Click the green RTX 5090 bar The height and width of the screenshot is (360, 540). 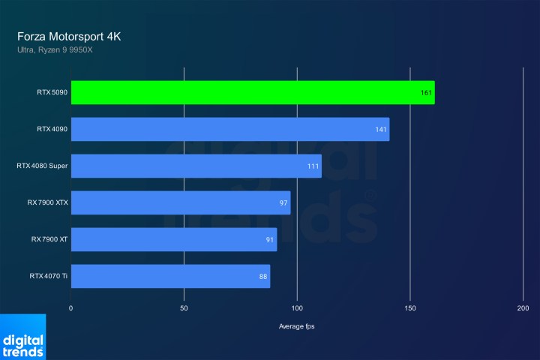(x=253, y=92)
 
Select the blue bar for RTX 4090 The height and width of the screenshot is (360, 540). (x=230, y=129)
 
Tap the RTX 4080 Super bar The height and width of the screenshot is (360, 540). (x=196, y=166)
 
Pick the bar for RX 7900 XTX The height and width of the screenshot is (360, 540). (x=180, y=202)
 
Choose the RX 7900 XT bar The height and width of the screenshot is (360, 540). (x=173, y=239)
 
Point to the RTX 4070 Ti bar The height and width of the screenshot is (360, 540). (x=170, y=276)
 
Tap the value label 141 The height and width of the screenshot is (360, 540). (x=382, y=129)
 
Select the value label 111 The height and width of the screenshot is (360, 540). (x=313, y=166)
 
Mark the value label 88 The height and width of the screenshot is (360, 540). (x=263, y=276)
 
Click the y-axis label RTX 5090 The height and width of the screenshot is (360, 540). (x=52, y=92)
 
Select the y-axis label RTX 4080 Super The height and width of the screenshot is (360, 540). (x=42, y=166)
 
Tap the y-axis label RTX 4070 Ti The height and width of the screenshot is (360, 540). (x=49, y=276)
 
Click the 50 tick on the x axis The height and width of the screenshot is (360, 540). (x=184, y=308)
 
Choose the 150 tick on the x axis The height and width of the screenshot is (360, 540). (x=410, y=308)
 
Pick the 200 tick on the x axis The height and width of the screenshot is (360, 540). (x=523, y=308)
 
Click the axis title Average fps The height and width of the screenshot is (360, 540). (x=297, y=326)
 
